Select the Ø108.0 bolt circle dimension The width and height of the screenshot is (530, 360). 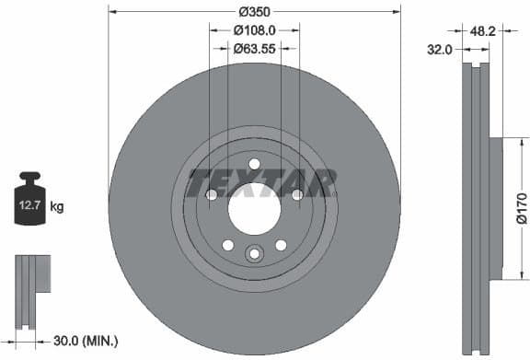click(x=253, y=29)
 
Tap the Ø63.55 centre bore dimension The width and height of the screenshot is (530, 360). click(x=253, y=48)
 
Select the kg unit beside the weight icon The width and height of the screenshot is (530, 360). click(x=56, y=207)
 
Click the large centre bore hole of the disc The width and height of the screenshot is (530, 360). click(x=253, y=209)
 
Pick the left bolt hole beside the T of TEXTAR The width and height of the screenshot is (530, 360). click(x=211, y=194)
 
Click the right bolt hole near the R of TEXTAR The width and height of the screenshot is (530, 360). click(x=296, y=194)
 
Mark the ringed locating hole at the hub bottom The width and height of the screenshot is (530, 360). click(x=253, y=255)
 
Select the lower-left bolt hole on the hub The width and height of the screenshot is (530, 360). click(x=226, y=245)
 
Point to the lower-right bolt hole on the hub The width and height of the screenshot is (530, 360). click(x=280, y=245)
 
